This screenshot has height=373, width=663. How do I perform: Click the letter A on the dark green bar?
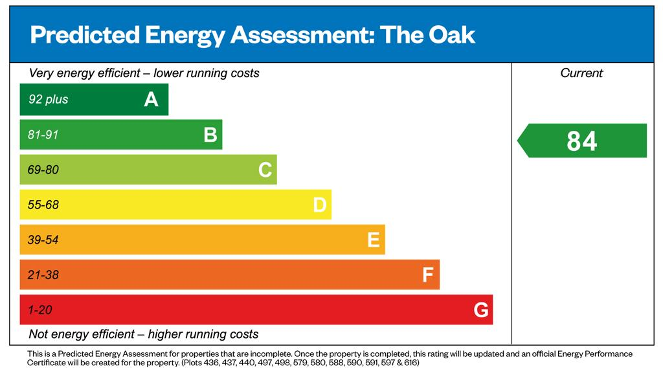tap(151, 100)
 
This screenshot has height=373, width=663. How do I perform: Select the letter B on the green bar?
tap(210, 135)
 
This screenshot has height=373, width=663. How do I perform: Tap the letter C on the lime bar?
tap(265, 170)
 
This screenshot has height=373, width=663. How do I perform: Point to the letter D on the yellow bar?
tap(319, 205)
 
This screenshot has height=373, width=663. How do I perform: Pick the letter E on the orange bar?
tap(374, 240)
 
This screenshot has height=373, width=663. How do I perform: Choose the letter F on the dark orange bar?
tap(427, 275)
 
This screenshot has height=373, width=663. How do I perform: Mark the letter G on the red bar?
tap(481, 310)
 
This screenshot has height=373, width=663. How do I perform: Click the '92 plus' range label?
tap(48, 100)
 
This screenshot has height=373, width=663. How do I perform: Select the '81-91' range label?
tap(43, 135)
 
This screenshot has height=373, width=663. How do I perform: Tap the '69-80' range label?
tap(43, 170)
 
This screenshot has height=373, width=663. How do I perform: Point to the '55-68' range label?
tap(43, 205)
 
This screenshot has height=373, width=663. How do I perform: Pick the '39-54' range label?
tap(43, 240)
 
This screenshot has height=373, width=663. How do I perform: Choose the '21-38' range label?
tap(43, 275)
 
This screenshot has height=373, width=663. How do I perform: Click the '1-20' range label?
tap(40, 310)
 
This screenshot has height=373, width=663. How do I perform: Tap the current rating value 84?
tap(581, 141)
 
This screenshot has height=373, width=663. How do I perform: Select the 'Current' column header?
tap(581, 73)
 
